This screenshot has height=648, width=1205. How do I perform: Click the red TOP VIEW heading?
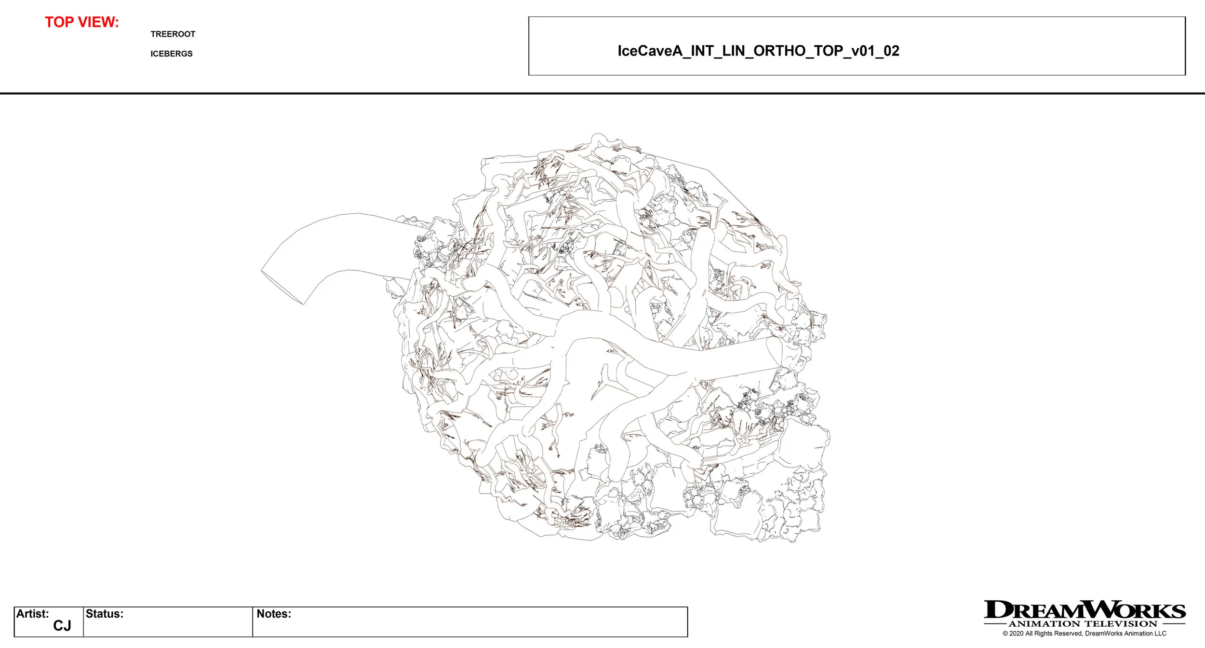[x=82, y=22]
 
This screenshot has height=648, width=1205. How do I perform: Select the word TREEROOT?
[x=173, y=34]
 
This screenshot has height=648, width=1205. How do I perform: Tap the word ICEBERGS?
[x=171, y=54]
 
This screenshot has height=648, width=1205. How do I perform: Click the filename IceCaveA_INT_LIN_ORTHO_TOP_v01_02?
[x=758, y=51]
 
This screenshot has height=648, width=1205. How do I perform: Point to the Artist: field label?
[x=33, y=614]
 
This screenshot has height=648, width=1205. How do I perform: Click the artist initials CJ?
[x=62, y=626]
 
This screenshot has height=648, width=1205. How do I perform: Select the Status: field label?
[x=105, y=614]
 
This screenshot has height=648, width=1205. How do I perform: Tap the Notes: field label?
[x=274, y=614]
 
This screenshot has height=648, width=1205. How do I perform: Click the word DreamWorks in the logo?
[x=1084, y=610]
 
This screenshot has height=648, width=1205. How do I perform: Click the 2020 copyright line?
[x=1084, y=634]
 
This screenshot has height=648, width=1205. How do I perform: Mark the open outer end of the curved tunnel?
[x=282, y=288]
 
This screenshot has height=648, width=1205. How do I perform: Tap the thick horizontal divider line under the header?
[x=602, y=94]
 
